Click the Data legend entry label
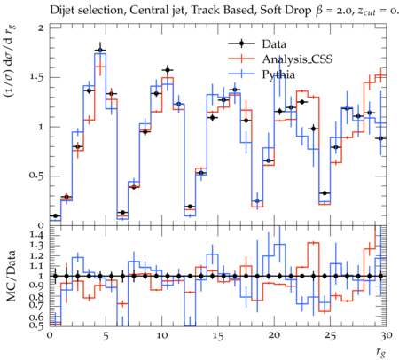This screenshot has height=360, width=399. (274, 44)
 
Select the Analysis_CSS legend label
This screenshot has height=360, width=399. (297, 59)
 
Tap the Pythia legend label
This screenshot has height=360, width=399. (278, 74)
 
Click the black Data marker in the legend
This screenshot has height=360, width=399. (241, 43)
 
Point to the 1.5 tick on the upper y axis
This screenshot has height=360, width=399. (35, 77)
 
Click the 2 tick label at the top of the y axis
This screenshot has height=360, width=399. (41, 28)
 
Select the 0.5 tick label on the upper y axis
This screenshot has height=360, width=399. (35, 176)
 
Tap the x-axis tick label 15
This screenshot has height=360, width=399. (218, 336)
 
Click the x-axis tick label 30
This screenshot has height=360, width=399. (387, 335)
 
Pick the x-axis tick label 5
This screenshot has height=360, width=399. (106, 336)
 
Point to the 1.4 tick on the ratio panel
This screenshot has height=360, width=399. (36, 235)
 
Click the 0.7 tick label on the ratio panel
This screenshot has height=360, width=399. (35, 304)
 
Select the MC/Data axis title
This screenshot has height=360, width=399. (12, 276)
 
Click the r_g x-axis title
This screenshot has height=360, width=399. (380, 352)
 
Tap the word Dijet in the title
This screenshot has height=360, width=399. (61, 11)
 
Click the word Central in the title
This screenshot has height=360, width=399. (145, 11)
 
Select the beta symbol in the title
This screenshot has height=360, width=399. (319, 11)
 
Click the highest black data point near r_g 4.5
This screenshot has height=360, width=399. (100, 51)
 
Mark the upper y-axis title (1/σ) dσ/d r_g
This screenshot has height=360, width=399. (10, 61)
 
